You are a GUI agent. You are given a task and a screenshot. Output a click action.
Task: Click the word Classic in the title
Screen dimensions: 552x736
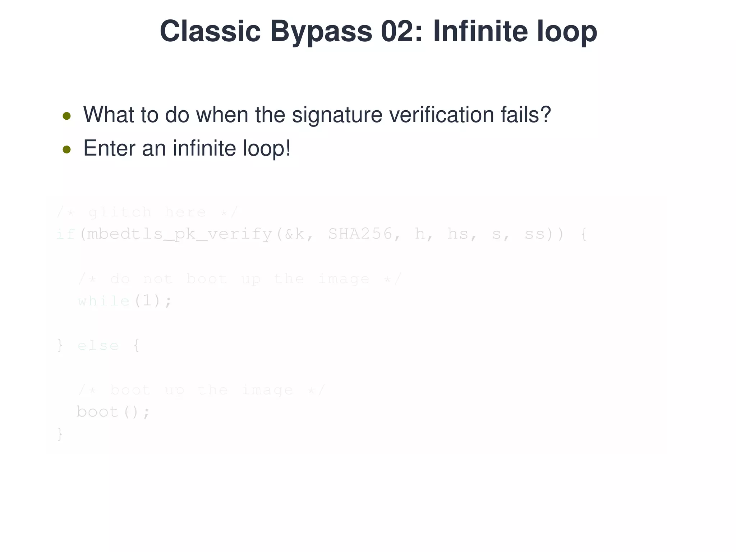[x=210, y=32]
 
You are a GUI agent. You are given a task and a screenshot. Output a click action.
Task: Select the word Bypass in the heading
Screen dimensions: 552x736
[x=321, y=32]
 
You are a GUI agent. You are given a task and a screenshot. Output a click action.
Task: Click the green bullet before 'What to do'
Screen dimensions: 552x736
[x=66, y=116]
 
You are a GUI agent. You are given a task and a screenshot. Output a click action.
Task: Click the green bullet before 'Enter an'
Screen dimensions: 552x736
[x=66, y=149]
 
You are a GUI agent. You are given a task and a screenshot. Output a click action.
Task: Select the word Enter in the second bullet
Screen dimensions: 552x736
[x=109, y=148]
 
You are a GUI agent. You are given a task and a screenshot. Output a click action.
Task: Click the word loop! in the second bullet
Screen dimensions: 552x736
[x=266, y=148]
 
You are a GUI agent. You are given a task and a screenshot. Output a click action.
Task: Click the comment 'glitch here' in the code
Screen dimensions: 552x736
[x=147, y=212]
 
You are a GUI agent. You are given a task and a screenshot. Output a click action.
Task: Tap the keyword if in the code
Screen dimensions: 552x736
[x=65, y=234]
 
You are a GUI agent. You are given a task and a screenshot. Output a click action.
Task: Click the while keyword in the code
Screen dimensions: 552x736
[x=103, y=301]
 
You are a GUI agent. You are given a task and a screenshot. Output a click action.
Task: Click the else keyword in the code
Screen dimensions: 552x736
[x=98, y=346]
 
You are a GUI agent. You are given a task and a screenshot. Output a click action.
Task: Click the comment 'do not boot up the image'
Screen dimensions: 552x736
[x=239, y=279]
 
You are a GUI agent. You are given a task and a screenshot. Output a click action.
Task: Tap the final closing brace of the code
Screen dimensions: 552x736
[x=60, y=434]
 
